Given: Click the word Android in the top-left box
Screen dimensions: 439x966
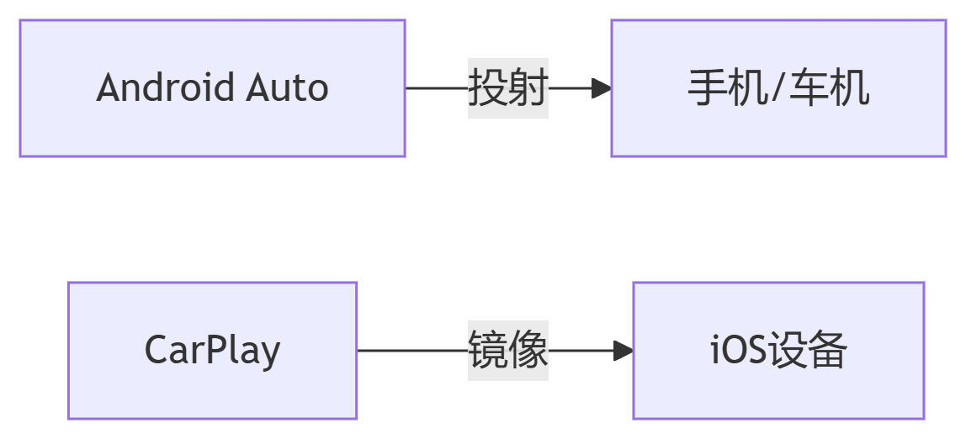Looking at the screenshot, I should point(167,88).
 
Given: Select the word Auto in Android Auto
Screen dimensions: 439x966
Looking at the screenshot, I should point(287,88).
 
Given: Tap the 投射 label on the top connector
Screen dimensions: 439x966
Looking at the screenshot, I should point(508,88).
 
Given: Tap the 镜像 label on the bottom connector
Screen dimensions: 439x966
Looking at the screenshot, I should point(508,351).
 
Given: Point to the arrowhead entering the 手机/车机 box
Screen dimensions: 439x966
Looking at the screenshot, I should point(602,88).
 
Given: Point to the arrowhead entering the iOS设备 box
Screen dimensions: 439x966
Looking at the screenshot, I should point(624,351).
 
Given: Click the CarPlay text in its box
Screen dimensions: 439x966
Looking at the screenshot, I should point(212,351).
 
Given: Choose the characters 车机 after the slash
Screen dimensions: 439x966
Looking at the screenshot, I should point(828,88).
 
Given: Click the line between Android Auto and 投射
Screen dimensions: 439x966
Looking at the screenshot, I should point(437,88).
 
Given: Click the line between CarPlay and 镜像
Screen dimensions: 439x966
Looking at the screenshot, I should point(412,351).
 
